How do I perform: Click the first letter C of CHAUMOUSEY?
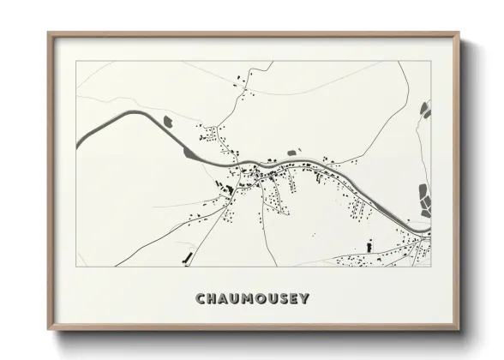pos(201,299)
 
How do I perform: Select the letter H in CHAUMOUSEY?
pos(213,299)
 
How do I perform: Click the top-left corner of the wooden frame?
pos(48,33)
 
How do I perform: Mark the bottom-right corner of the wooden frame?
pos(459,329)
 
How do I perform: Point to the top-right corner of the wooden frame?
pos(459,33)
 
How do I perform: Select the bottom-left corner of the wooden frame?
pos(48,329)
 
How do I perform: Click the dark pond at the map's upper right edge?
pos(425,109)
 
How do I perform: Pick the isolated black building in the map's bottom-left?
pos(185,256)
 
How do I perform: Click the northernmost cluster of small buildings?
pos(241,84)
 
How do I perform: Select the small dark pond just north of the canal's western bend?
pos(168,118)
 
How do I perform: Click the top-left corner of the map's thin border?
pos(76,61)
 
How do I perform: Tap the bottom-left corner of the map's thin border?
pos(76,267)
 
